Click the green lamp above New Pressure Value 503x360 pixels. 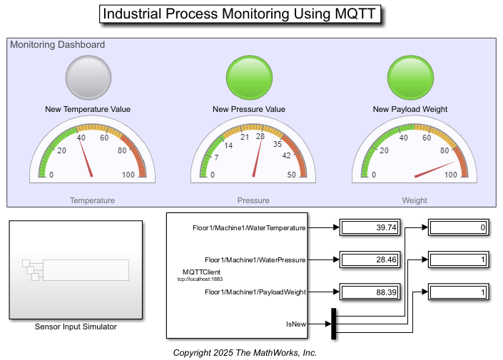click(249, 77)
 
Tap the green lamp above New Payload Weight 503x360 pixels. click(410, 77)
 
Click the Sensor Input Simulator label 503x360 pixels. click(76, 327)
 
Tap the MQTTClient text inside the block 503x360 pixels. click(201, 272)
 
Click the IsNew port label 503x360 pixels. click(296, 324)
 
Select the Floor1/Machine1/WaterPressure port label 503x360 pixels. click(255, 260)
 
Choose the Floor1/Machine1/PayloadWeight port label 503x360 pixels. click(255, 292)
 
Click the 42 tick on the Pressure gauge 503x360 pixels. click(288, 155)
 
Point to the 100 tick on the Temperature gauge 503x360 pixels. click(129, 175)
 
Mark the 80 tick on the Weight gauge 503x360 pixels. click(445, 150)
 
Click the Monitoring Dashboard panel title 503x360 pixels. click(58, 45)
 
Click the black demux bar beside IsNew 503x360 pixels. click(332, 324)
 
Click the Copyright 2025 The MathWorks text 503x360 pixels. click(245, 353)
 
